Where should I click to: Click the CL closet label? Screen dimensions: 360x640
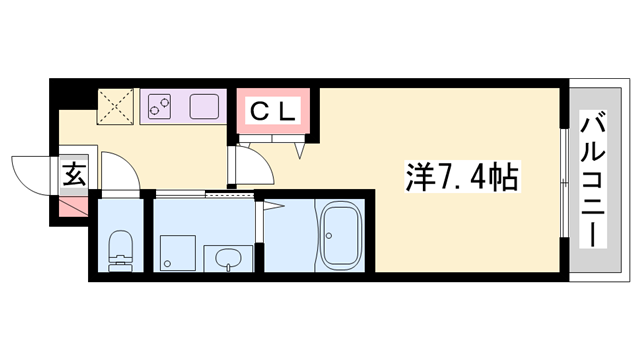point(273,113)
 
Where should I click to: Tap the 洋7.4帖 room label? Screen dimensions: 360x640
point(461,178)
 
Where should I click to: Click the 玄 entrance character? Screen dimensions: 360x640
point(75,175)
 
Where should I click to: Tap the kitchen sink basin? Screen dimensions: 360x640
point(204,105)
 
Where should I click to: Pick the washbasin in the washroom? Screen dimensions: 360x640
point(228,256)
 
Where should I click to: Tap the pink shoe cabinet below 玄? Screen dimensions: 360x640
point(74,207)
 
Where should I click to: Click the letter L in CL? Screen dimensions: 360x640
point(285,113)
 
